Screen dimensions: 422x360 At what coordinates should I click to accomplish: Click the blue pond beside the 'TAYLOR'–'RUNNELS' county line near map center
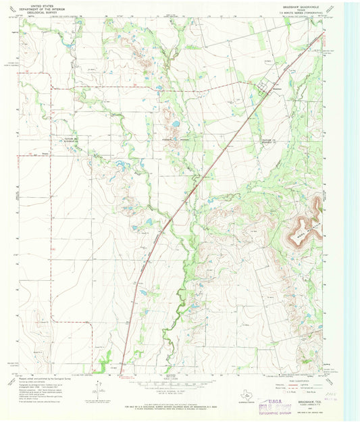click(174, 124)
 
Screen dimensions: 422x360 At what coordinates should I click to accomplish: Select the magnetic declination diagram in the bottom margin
click(101, 389)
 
